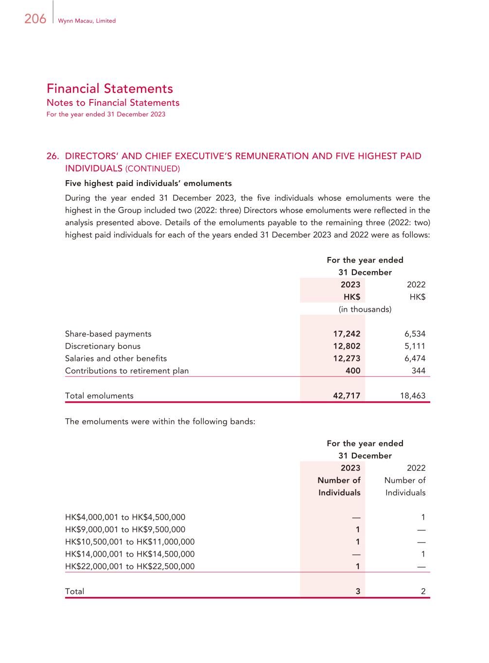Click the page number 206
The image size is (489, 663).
[x=35, y=19]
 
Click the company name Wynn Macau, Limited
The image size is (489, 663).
[x=87, y=21]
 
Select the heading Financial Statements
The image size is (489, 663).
[x=110, y=88]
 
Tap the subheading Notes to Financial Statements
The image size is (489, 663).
[x=113, y=102]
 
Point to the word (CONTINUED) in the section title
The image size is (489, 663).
[x=153, y=169]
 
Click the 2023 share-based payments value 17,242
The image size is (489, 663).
[x=347, y=334]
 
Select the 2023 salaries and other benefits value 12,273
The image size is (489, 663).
[x=347, y=358]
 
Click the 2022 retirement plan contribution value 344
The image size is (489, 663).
[x=418, y=371]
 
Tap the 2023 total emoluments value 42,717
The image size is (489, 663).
[x=347, y=395]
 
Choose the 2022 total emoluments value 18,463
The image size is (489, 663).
[x=413, y=395]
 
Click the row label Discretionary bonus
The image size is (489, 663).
[x=103, y=346]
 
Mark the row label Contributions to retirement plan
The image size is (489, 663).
[x=127, y=371]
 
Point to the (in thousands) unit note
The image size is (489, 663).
[x=365, y=309]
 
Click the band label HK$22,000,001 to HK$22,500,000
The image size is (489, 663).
[x=130, y=566]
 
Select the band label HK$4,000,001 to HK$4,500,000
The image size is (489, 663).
[x=125, y=517]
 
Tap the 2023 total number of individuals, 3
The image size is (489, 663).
[x=358, y=591]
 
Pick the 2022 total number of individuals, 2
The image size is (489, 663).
[x=423, y=591]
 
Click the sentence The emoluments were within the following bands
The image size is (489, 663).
[x=160, y=421]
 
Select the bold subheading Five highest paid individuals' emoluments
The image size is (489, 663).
[x=148, y=183]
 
